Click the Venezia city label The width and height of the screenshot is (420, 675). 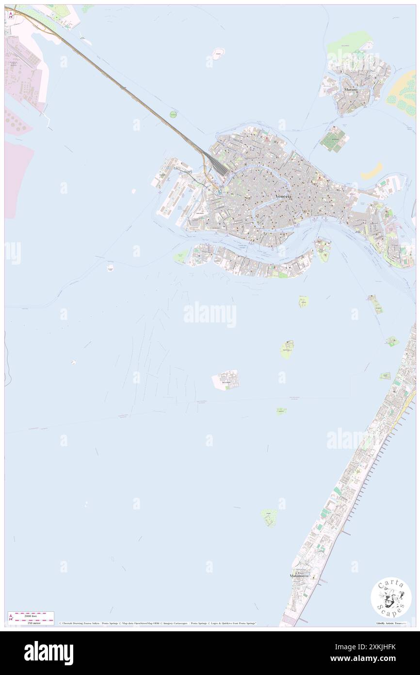pos(284,196)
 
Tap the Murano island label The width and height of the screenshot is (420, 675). pos(350,90)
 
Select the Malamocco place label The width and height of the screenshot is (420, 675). pos(299,575)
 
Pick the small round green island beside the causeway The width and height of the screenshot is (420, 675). pos(173,115)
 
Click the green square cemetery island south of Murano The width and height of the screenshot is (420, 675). pos(335,139)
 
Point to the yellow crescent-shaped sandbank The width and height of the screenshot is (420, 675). pos(372,170)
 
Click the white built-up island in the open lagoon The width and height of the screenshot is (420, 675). pos(226,380)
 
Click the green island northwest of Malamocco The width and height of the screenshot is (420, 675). pos(269,517)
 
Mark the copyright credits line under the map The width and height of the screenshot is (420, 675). pos(158,623)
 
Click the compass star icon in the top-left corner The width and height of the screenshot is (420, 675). pos(11,15)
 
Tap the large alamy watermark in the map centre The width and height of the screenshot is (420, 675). pos(210,315)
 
